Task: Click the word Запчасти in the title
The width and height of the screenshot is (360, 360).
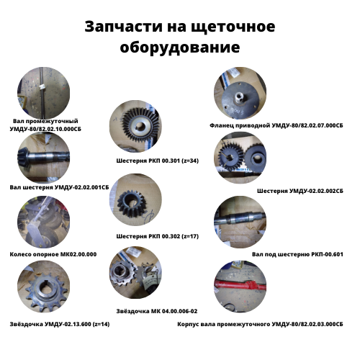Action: coord(124,27)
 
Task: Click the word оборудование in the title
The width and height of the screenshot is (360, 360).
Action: coord(180,48)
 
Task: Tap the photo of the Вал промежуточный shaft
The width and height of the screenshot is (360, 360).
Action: coord(43,93)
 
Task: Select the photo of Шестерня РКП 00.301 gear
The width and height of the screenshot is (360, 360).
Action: coord(135,126)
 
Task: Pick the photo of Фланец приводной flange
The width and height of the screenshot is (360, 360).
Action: coord(240,93)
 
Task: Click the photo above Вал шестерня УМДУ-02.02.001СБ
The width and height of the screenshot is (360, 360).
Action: coord(43,158)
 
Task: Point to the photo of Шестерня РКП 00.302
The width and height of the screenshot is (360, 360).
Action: coord(135,199)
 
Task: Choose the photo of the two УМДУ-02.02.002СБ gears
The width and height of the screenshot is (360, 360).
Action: coord(240,158)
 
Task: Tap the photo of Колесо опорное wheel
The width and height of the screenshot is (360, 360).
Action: coord(43,222)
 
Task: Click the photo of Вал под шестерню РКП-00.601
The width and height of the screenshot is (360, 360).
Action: coord(240,222)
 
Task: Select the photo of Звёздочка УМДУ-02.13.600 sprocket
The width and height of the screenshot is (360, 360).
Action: coord(43,287)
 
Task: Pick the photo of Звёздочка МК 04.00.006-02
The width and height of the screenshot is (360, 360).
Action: coord(135,273)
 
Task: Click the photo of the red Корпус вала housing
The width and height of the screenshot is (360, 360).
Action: coord(240,287)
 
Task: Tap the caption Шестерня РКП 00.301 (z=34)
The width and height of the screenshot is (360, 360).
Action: coord(158,161)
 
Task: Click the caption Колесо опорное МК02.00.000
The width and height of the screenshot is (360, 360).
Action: coord(53,254)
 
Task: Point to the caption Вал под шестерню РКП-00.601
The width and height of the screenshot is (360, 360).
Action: coord(297,254)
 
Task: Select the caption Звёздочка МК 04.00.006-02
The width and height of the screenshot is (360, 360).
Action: coord(157,311)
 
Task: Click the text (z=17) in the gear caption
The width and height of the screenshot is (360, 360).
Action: coord(190,236)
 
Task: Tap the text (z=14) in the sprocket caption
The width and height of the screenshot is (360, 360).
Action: coord(101,324)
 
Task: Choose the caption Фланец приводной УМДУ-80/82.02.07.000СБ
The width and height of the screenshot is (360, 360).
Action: coord(276,125)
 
